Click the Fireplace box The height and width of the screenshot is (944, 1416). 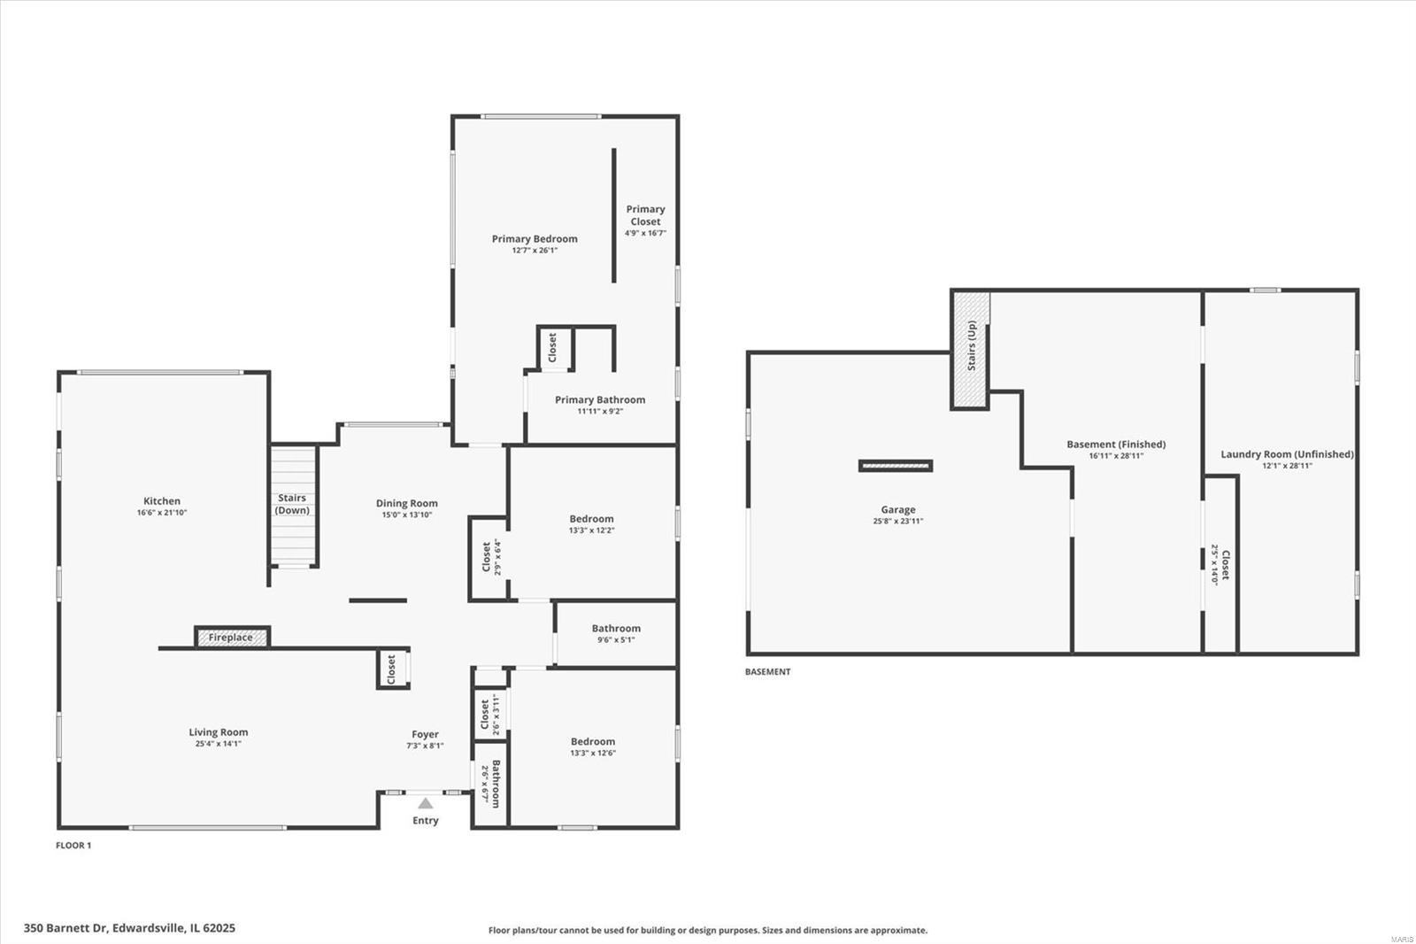point(233,637)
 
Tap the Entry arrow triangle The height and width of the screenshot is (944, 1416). point(426,803)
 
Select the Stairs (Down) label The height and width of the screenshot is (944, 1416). point(292,504)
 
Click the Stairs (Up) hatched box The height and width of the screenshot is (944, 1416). point(970,350)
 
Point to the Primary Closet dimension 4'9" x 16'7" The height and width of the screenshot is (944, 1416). point(645,233)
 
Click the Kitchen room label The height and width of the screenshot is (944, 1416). point(162,501)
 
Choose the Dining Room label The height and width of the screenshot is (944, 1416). point(406,504)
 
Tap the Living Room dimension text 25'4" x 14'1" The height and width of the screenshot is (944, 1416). point(218,744)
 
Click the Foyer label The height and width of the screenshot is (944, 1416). point(425,735)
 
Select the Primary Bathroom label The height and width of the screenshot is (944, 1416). point(600,400)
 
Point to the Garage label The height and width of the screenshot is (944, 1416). point(897,510)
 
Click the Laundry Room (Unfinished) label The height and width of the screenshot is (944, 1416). point(1287,454)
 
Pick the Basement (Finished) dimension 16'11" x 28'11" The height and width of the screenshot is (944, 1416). point(1116,455)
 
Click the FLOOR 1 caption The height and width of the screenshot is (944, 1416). point(73,846)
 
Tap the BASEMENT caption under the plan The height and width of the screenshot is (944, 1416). point(767,672)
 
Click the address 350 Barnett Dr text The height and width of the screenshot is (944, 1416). point(66,928)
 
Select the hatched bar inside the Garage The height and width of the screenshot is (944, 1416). point(895,467)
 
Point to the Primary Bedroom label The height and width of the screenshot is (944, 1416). point(535,239)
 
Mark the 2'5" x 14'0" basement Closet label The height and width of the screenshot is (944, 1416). point(1220,564)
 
